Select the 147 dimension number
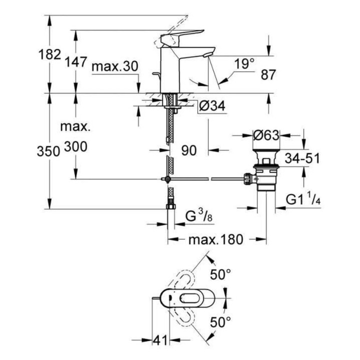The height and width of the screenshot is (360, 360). [x=76, y=62]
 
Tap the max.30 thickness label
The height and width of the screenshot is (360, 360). [x=114, y=67]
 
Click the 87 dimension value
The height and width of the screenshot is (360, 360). [x=268, y=75]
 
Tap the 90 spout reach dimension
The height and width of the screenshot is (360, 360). [x=189, y=150]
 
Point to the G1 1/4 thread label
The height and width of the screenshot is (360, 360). [x=303, y=199]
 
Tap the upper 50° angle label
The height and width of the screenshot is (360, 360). [x=221, y=274]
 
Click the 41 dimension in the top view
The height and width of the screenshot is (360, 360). [x=159, y=341]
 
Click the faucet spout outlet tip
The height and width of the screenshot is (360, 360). [x=208, y=54]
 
